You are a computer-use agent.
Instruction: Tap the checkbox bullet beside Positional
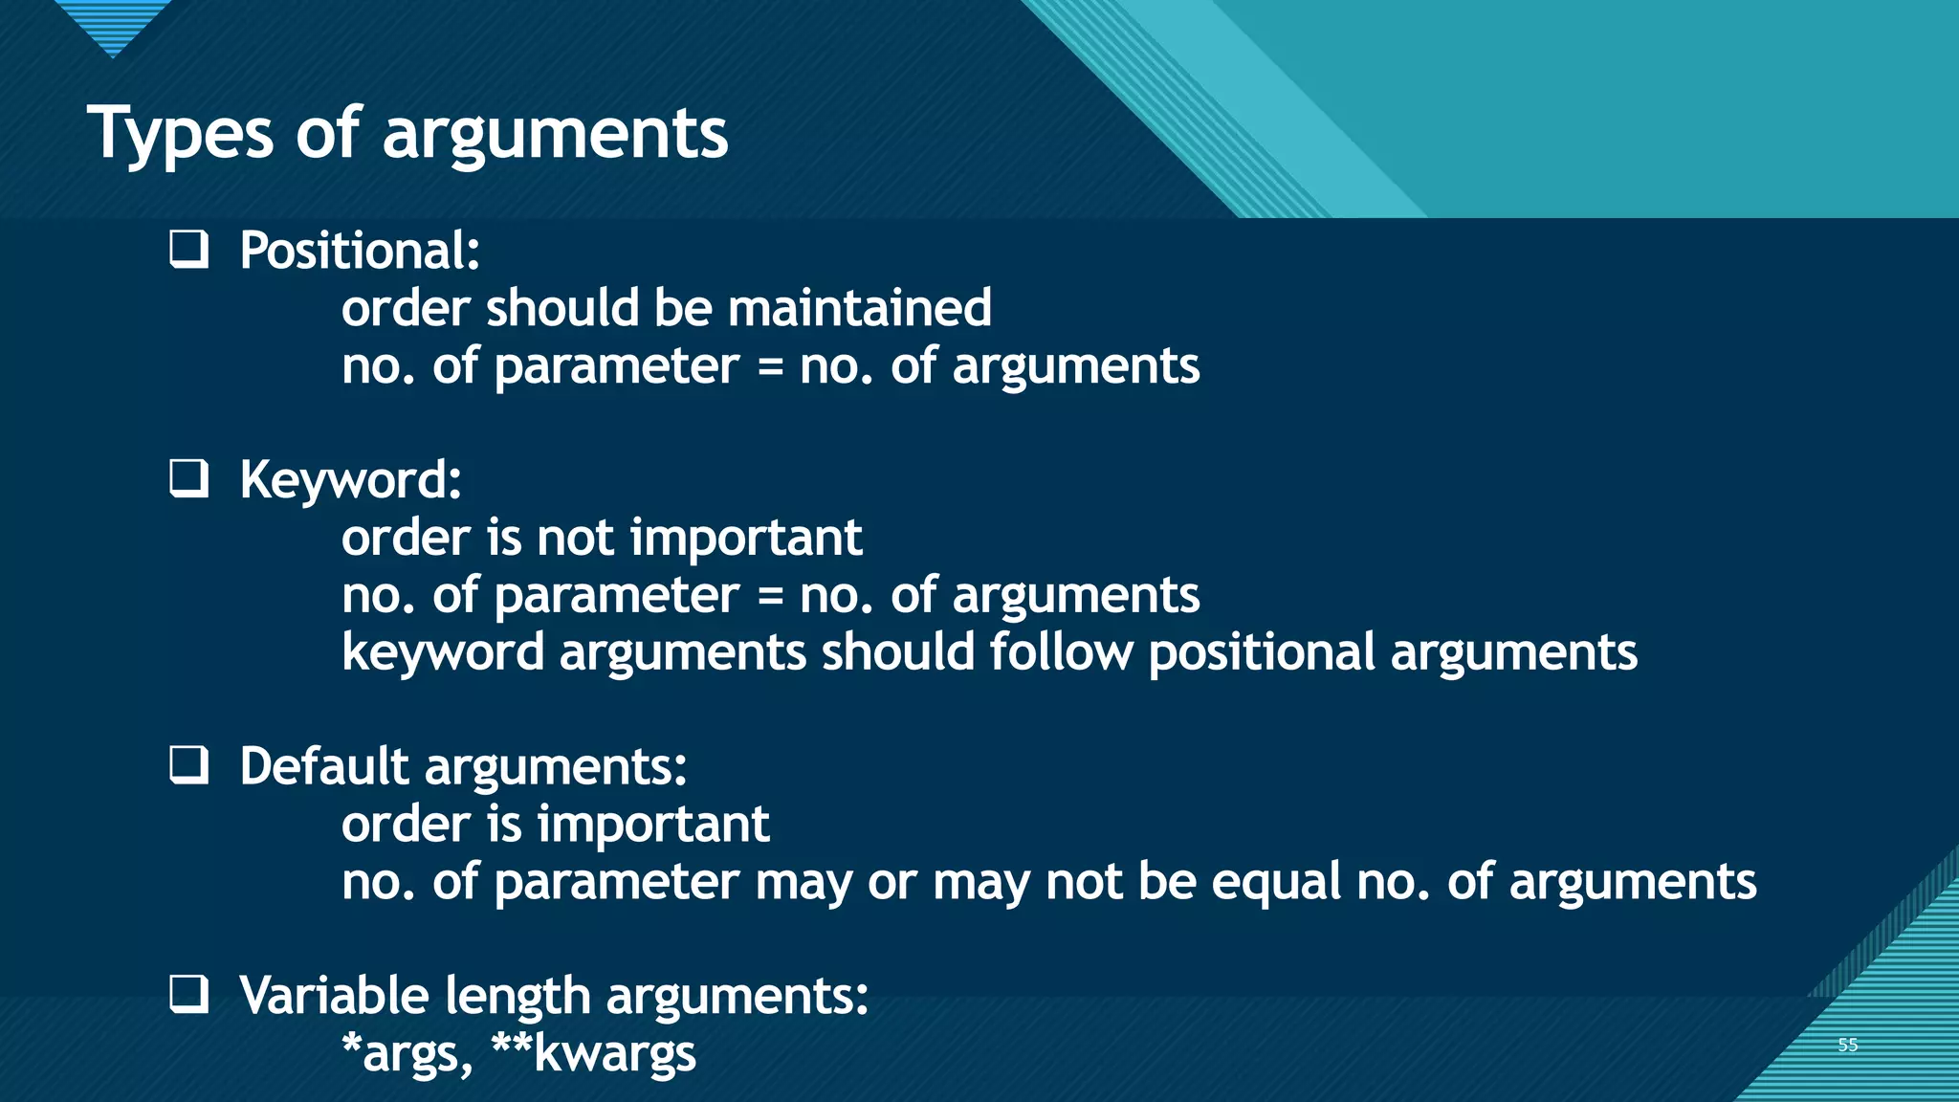[189, 249]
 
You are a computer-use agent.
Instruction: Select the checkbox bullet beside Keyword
[189, 478]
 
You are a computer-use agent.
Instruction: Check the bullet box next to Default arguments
[189, 765]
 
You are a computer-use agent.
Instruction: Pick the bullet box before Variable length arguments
[189, 995]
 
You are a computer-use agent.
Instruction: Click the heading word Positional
[359, 251]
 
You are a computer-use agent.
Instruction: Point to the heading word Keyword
[350, 480]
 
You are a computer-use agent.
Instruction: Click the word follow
[1061, 652]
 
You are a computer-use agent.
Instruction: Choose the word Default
[324, 766]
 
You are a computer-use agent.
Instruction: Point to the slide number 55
[1847, 1045]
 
